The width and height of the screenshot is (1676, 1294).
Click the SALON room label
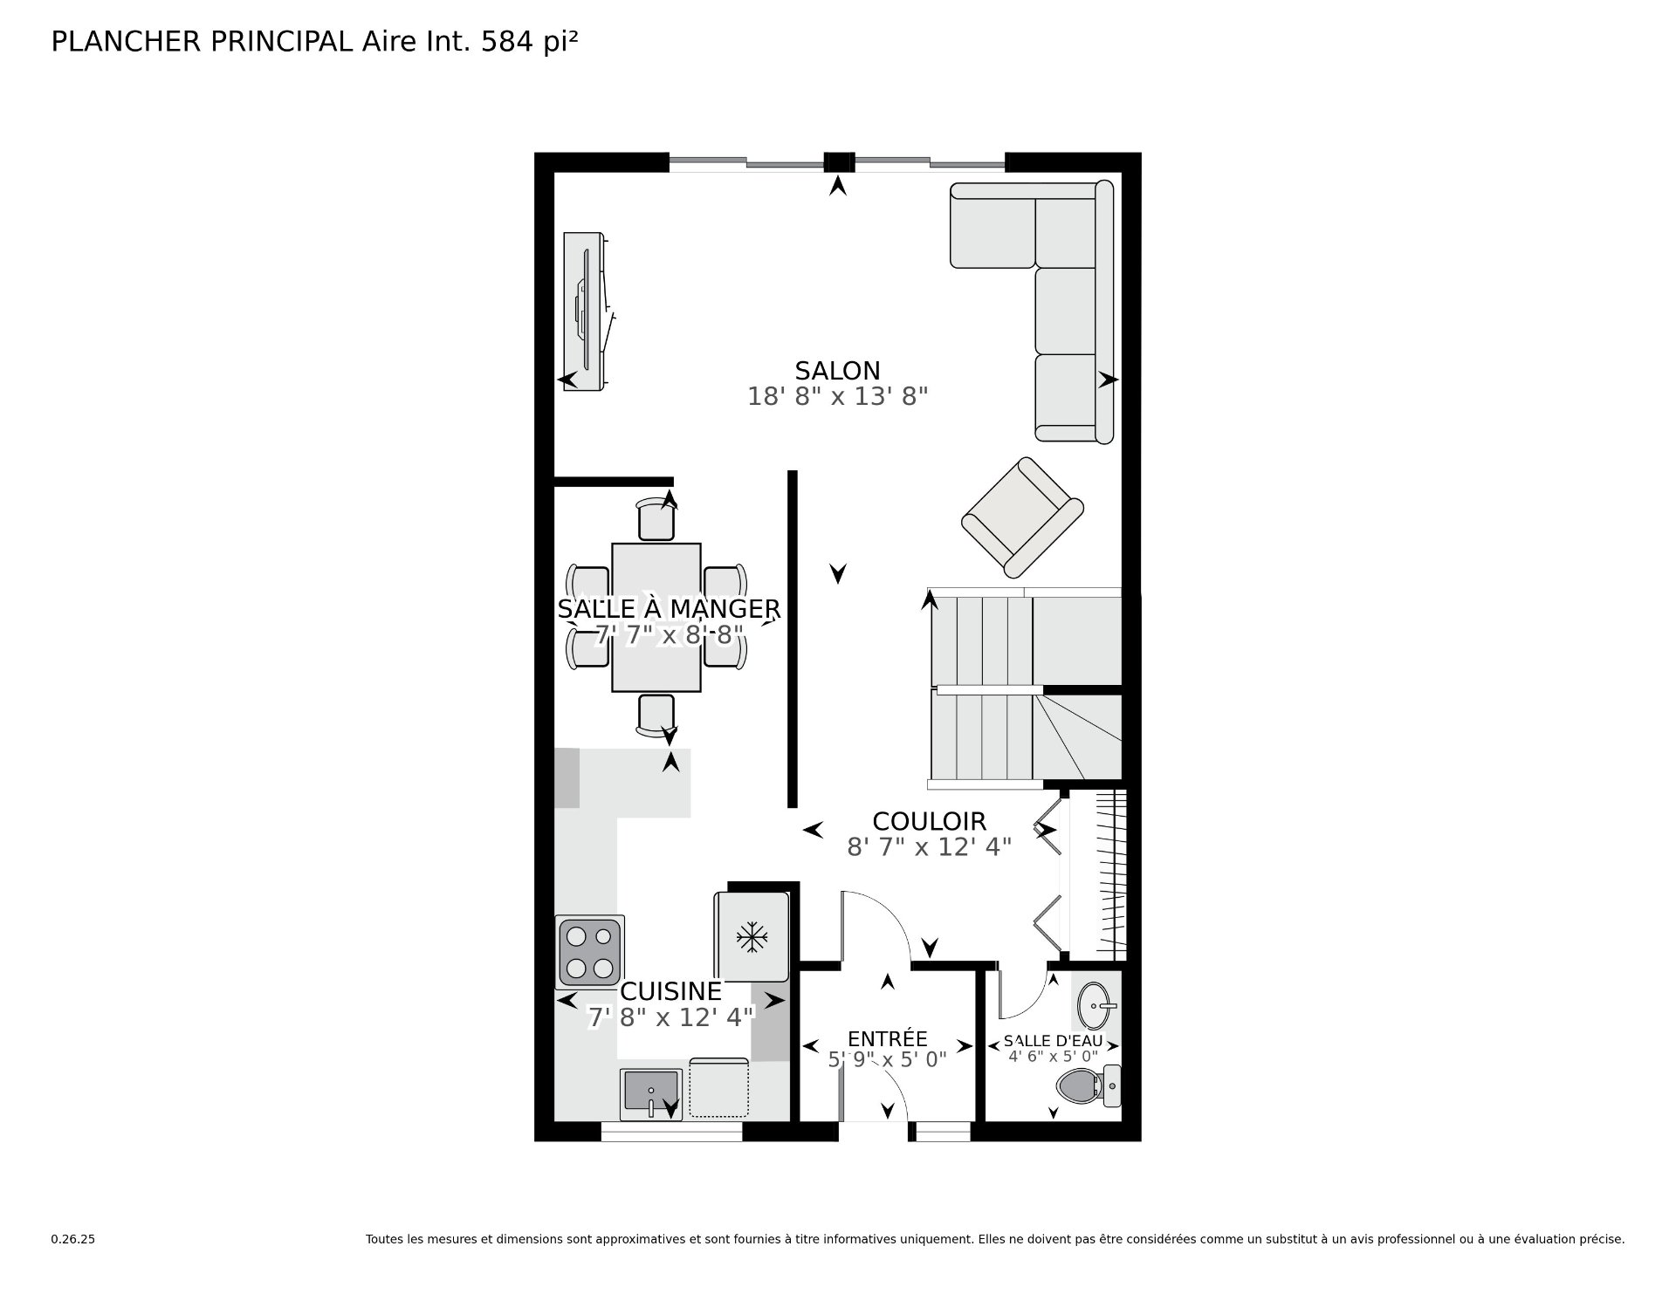pos(837,371)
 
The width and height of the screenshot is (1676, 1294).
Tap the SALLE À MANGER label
pos(669,608)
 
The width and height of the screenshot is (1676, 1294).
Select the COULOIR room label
pos(929,821)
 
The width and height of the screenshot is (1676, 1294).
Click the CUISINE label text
pos(670,991)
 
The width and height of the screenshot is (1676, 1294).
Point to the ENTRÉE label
pos(887,1038)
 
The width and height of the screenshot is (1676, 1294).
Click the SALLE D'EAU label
pos(1053,1041)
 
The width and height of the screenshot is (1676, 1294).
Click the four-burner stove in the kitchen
pos(589,951)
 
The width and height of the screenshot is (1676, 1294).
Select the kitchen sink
pos(651,1093)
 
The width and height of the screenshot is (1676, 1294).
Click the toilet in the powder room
pos(1087,1086)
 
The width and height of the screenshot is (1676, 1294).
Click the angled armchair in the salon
pos(1022,517)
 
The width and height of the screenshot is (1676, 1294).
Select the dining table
pos(656,617)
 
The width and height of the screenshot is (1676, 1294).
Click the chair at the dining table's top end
pos(656,520)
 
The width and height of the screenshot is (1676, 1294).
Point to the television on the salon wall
pos(585,312)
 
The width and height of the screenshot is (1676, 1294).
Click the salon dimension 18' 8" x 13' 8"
pos(837,397)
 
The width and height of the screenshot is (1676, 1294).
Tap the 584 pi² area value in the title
pos(530,42)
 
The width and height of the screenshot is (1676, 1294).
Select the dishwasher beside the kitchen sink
pos(718,1088)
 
